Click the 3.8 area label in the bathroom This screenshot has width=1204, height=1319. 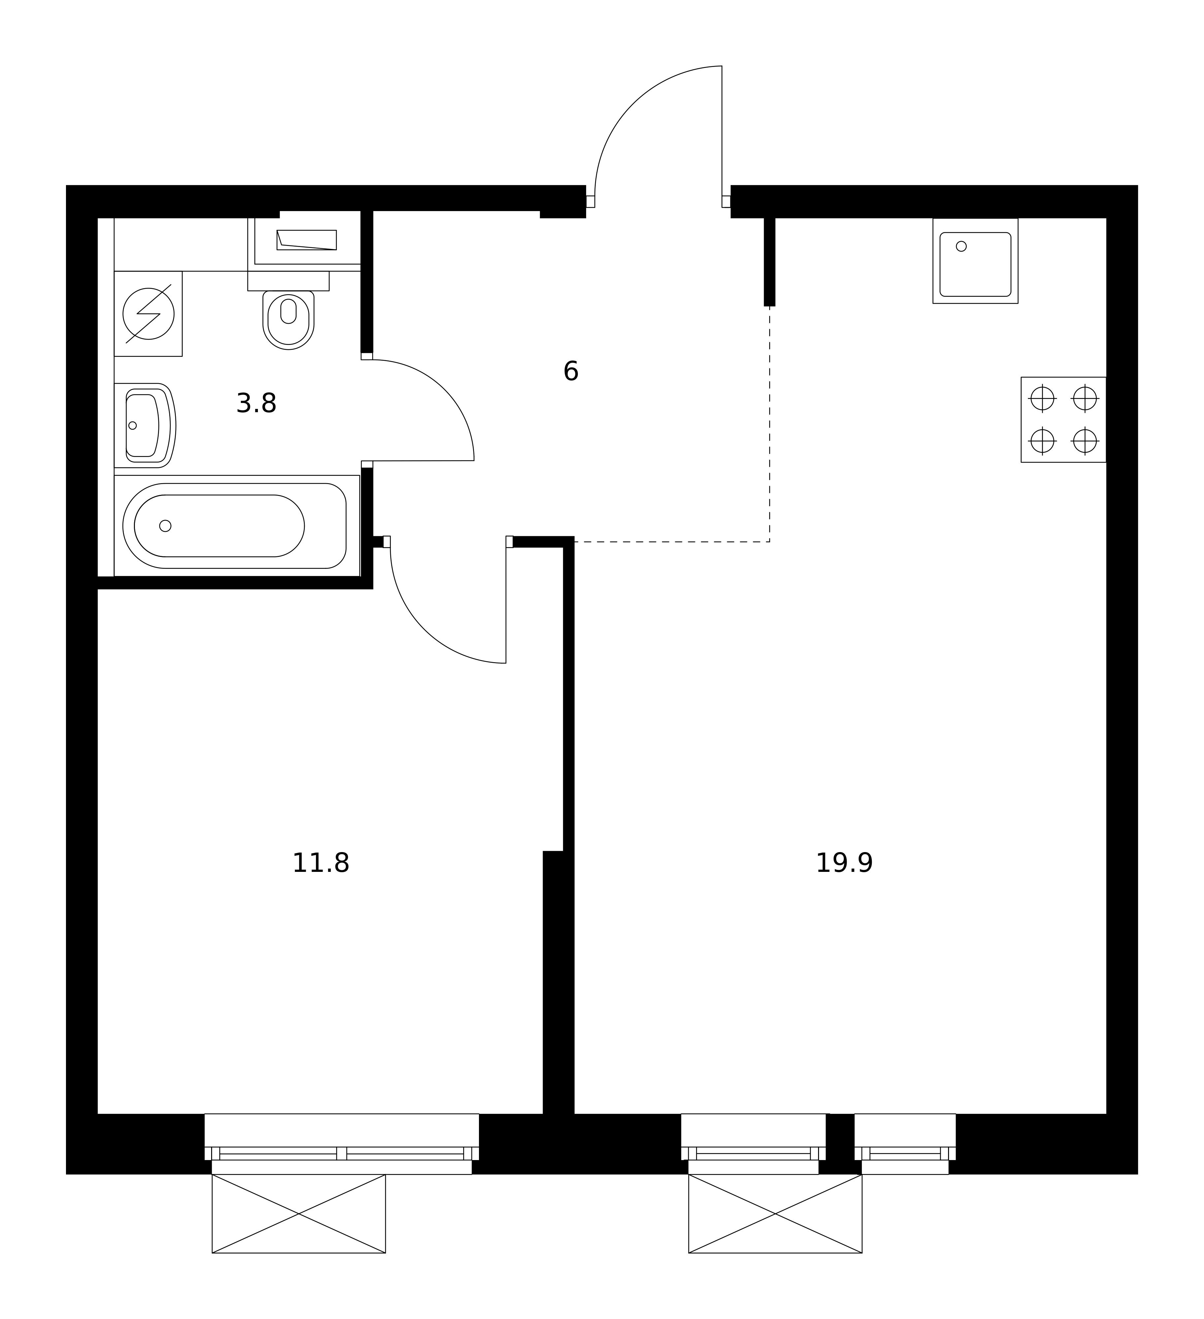point(257,404)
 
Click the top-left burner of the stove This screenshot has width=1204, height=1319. point(1042,398)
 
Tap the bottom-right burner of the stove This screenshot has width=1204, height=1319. point(1085,441)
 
